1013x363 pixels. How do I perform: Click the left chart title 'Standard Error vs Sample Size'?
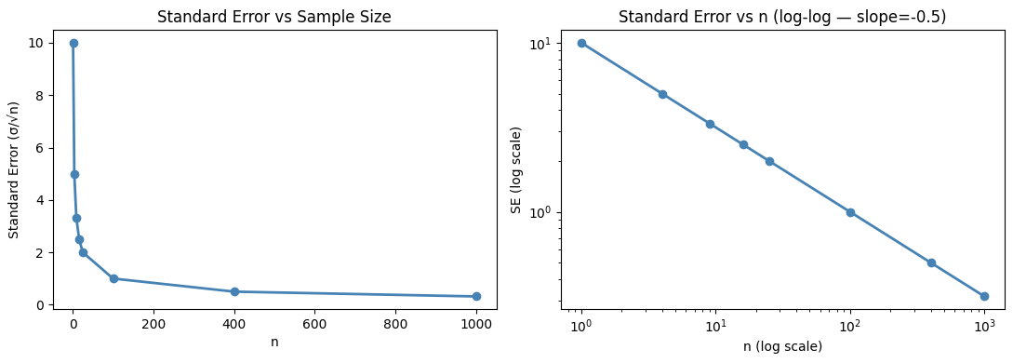coord(274,17)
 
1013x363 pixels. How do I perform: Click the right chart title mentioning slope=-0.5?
coord(782,17)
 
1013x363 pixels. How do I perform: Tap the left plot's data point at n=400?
coord(234,291)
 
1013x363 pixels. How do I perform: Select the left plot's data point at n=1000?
coord(476,296)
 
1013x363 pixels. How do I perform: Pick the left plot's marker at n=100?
coord(113,278)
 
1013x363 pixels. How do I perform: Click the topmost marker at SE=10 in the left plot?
coord(73,43)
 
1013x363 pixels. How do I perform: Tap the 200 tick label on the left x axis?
coord(153,325)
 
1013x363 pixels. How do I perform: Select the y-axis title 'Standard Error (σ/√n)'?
coord(15,173)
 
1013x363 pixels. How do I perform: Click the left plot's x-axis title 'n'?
coord(274,342)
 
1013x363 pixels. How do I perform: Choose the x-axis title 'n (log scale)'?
coord(782,346)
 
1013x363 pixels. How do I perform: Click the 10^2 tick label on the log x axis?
coord(849,326)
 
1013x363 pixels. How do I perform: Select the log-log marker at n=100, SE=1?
coord(849,212)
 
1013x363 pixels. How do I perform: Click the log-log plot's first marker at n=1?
coord(581,43)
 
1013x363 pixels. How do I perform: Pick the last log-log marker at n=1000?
coord(984,296)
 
